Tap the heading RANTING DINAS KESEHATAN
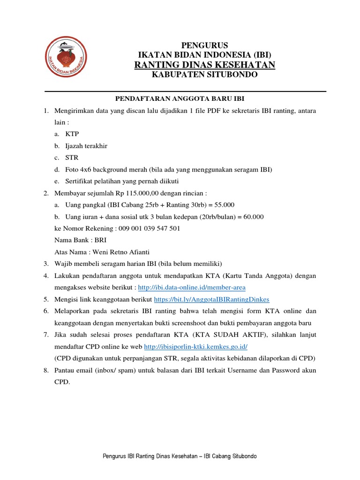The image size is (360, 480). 204,65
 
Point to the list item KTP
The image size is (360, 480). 73,134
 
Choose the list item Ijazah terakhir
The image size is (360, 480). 86,146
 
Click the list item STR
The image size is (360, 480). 72,157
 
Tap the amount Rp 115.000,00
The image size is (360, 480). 129,193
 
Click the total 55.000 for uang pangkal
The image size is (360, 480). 225,205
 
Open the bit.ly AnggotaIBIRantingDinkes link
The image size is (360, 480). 211,299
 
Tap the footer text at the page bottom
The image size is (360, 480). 180,456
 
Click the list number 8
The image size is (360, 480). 46,370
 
